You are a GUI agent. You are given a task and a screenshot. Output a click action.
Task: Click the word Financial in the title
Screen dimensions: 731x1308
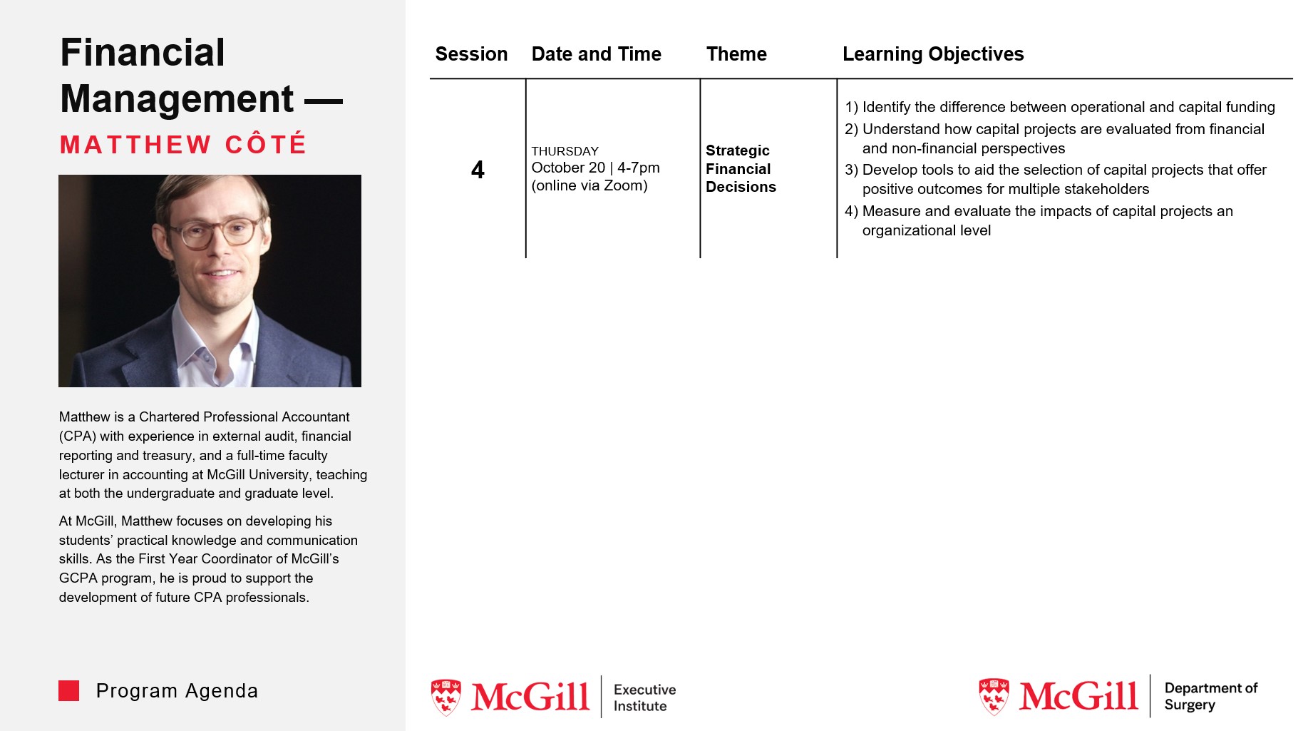click(x=143, y=53)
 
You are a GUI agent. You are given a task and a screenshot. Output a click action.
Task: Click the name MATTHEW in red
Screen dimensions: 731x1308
click(x=135, y=145)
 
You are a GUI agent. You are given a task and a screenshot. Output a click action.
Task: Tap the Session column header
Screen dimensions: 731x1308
click(x=471, y=54)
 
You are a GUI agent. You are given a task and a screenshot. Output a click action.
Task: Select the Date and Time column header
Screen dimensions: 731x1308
click(x=596, y=54)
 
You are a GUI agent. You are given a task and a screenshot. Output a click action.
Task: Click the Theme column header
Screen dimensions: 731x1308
click(x=736, y=54)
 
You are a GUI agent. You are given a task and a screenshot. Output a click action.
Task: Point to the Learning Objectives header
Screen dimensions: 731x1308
click(x=932, y=54)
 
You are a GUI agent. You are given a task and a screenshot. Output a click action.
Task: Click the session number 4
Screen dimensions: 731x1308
click(x=478, y=170)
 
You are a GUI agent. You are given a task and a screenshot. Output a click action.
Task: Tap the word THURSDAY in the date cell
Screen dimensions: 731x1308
click(x=565, y=151)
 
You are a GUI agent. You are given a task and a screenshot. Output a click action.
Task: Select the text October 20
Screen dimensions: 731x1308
click(x=568, y=168)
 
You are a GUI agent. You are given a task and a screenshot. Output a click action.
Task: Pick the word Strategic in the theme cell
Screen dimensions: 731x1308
click(x=737, y=150)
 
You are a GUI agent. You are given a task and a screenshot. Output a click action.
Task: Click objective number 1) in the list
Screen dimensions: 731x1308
click(x=851, y=108)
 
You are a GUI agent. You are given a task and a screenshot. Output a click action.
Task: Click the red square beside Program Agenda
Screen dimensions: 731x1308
click(x=69, y=690)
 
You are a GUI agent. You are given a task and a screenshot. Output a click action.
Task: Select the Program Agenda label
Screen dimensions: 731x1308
click(x=177, y=691)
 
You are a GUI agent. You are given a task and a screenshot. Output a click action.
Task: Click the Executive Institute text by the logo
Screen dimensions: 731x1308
click(x=644, y=697)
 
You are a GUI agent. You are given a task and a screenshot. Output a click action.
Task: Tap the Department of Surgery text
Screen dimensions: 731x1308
click(x=1210, y=696)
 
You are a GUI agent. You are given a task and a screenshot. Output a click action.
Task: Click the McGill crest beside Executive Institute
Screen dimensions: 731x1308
click(x=446, y=697)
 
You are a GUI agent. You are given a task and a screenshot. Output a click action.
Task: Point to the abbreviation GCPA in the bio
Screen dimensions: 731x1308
click(x=78, y=578)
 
